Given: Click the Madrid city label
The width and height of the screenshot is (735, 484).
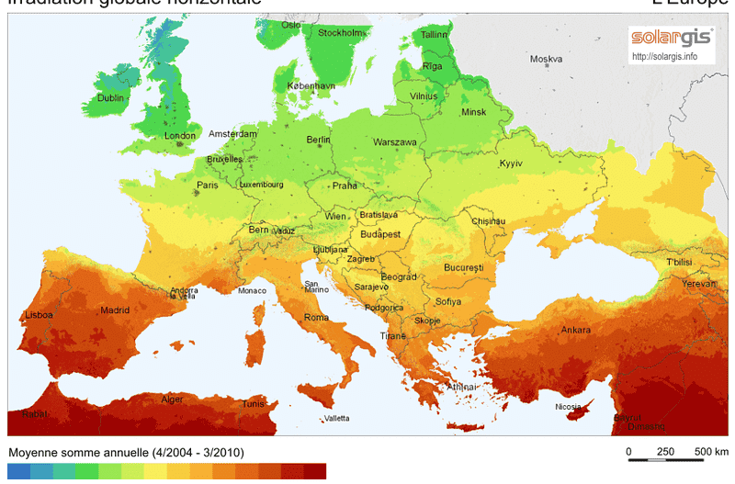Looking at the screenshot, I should click(115, 310).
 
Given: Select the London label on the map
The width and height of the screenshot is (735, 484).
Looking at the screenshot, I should click(180, 136).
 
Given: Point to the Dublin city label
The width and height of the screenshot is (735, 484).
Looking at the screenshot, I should click(110, 97).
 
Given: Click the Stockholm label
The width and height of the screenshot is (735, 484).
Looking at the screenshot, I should click(340, 33).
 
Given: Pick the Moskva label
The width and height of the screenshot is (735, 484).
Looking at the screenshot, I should click(546, 60).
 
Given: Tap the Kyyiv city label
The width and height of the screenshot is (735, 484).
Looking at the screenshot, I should click(510, 163).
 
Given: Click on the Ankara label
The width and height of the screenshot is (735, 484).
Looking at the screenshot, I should click(576, 330).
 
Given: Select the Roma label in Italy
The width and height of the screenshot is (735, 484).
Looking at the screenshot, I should click(316, 317).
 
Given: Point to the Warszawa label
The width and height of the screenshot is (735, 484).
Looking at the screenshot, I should click(395, 142).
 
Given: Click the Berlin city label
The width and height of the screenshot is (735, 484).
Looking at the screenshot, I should click(318, 140).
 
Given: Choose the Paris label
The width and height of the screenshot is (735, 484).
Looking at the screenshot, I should click(208, 185).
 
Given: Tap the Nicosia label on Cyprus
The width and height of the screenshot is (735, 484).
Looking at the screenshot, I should click(568, 406).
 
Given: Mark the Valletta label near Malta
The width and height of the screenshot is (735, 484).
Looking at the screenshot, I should click(336, 419).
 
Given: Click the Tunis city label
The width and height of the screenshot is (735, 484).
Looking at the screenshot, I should click(253, 403).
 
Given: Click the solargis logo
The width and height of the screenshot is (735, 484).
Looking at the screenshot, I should click(668, 39).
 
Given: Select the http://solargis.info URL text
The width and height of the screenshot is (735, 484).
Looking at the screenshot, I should click(664, 57).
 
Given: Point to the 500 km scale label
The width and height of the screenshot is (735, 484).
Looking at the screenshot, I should click(711, 452).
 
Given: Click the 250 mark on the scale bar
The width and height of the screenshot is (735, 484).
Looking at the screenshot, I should click(666, 452).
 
